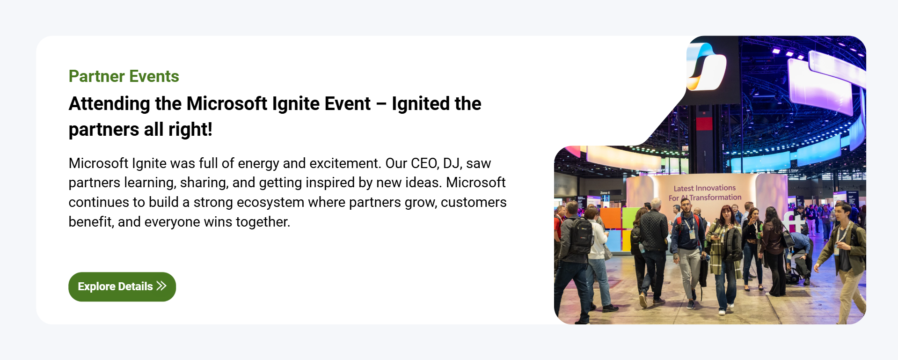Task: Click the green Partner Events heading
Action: (x=124, y=76)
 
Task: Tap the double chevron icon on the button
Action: (x=161, y=286)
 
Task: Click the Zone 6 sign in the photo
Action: (x=605, y=193)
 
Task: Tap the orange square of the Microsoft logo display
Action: (x=610, y=218)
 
